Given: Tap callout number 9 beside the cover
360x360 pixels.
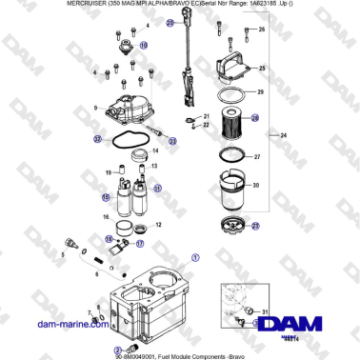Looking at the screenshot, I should point(110,110).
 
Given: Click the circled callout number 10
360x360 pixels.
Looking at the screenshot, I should point(144,45).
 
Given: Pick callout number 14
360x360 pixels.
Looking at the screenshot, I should point(170,139).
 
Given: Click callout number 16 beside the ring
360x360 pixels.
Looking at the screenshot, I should point(107,217).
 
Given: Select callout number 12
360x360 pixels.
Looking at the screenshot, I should point(157,225).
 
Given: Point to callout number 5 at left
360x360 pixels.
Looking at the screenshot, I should point(62,255).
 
